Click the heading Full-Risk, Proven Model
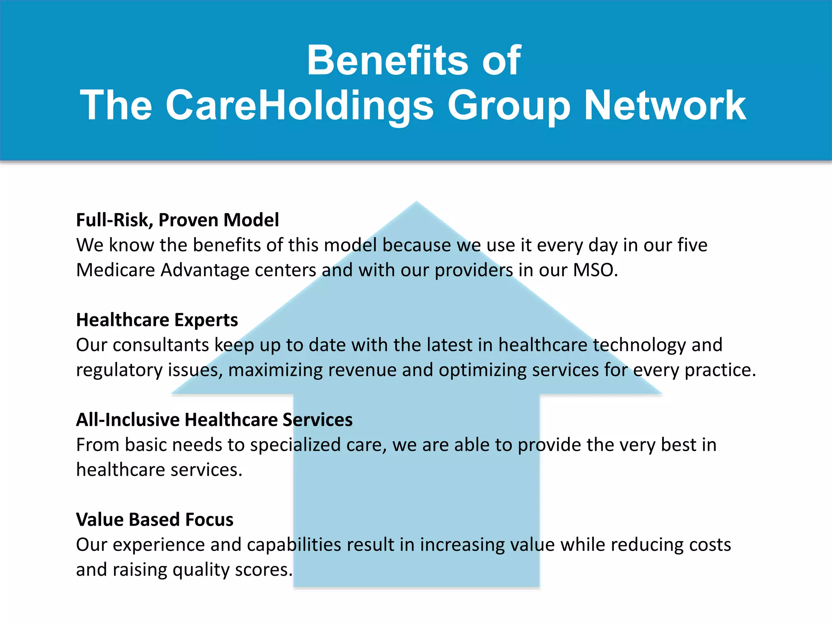pyautogui.click(x=178, y=220)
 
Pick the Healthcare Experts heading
pyautogui.click(x=157, y=320)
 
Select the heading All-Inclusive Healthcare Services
pyautogui.click(x=214, y=420)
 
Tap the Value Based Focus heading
pyautogui.click(x=154, y=520)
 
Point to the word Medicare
pyautogui.click(x=115, y=270)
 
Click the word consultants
pyautogui.click(x=160, y=345)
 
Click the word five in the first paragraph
pyautogui.click(x=692, y=245)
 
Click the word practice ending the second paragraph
pyautogui.click(x=719, y=370)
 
